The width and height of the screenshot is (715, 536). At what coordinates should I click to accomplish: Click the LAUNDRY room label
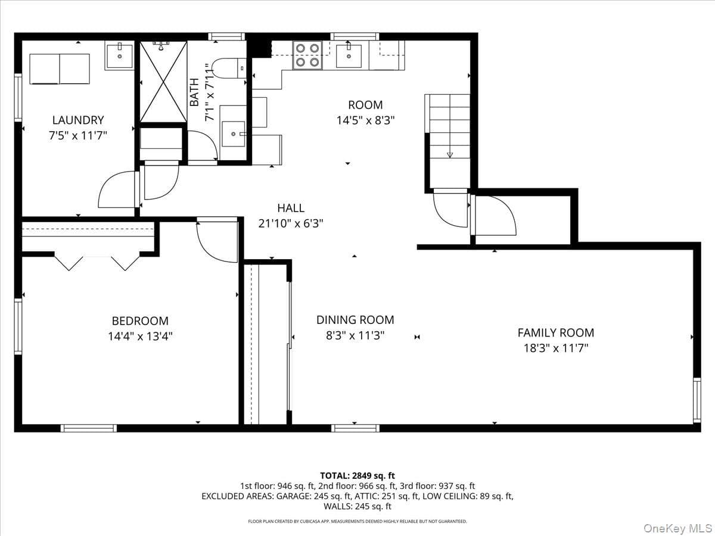pyautogui.click(x=78, y=120)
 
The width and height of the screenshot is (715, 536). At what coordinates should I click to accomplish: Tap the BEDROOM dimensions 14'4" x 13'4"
pyautogui.click(x=140, y=336)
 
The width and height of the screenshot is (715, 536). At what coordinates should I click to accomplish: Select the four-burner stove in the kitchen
pyautogui.click(x=307, y=55)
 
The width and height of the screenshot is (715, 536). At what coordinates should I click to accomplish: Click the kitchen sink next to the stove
pyautogui.click(x=349, y=55)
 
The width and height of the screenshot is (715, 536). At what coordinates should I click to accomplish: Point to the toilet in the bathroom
pyautogui.click(x=229, y=68)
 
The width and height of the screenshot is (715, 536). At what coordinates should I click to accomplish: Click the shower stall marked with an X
pyautogui.click(x=163, y=82)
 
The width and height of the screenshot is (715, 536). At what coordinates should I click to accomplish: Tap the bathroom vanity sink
pyautogui.click(x=233, y=134)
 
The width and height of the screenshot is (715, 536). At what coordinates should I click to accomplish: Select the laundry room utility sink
pyautogui.click(x=120, y=55)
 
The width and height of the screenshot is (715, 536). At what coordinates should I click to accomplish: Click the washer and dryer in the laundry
pyautogui.click(x=60, y=69)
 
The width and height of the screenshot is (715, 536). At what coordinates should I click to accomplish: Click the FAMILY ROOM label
pyautogui.click(x=556, y=333)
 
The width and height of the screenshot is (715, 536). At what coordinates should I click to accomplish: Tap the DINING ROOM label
pyautogui.click(x=355, y=320)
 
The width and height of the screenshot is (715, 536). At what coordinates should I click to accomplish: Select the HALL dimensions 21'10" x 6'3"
pyautogui.click(x=291, y=223)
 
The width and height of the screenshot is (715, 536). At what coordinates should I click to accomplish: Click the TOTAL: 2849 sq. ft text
pyautogui.click(x=357, y=476)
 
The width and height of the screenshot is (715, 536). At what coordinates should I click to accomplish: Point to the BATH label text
pyautogui.click(x=194, y=92)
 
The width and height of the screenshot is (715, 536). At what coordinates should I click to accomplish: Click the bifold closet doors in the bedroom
pyautogui.click(x=97, y=262)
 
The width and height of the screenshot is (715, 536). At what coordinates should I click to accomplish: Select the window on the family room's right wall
pyautogui.click(x=697, y=400)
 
